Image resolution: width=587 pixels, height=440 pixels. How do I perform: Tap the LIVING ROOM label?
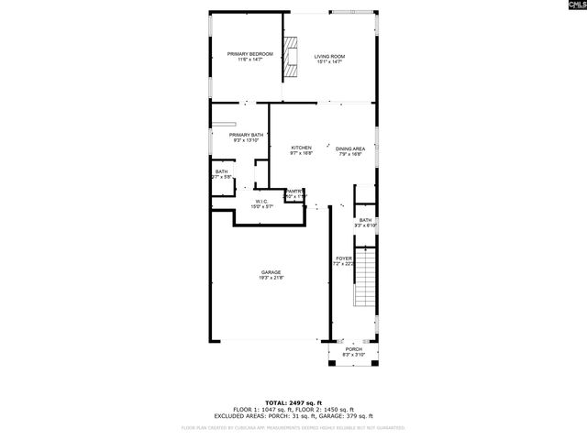click(329, 56)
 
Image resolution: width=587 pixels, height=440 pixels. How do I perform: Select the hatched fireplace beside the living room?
click(293, 57)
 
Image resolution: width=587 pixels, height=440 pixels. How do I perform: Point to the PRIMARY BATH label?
click(246, 135)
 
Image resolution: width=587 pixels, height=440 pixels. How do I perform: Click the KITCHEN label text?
click(301, 148)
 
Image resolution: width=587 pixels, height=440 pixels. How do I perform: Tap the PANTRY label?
click(293, 191)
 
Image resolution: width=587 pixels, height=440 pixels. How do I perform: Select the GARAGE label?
click(271, 272)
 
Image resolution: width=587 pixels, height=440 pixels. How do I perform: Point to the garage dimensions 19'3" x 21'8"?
click(271, 278)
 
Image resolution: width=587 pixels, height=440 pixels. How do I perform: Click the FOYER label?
click(343, 258)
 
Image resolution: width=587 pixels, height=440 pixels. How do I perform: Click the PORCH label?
click(353, 349)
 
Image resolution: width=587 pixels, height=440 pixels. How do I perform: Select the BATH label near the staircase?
click(365, 220)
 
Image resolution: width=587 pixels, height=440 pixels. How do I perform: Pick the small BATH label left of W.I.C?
click(221, 171)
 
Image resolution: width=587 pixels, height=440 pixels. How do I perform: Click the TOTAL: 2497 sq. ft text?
click(293, 402)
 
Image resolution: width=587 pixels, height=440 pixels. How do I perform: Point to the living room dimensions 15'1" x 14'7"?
click(329, 61)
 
